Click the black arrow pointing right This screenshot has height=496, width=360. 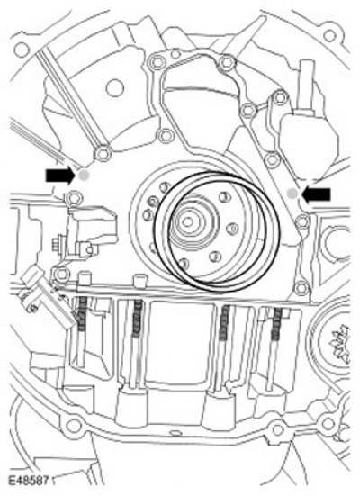(59, 175)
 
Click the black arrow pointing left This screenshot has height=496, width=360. (316, 194)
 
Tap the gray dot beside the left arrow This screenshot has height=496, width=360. (84, 175)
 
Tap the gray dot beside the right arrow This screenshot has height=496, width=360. (292, 194)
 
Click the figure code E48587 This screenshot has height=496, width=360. (28, 481)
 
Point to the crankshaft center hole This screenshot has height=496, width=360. (187, 222)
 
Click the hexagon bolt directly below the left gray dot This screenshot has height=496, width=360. (75, 198)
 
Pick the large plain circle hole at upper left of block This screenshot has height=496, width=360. (114, 87)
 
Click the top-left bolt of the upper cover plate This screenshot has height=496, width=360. (156, 62)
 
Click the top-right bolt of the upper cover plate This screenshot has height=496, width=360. (227, 63)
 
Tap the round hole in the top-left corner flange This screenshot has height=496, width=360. (22, 49)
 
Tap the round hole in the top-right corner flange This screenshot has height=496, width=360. (329, 35)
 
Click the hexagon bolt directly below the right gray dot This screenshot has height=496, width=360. (303, 221)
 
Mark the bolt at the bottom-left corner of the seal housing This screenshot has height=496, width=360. (60, 273)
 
